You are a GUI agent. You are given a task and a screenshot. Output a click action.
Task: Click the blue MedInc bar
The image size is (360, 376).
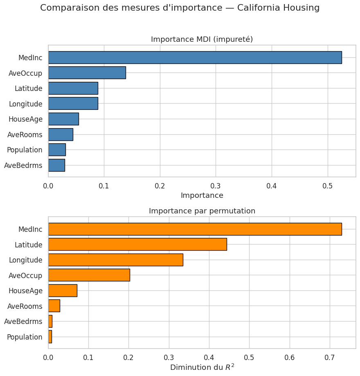[195, 57]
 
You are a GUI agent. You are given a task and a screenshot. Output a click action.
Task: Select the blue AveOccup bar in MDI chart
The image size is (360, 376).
[87, 73]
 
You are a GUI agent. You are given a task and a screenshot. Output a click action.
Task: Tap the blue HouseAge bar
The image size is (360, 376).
[63, 119]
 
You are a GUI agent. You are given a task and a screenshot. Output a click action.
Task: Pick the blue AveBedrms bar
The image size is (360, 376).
[56, 165]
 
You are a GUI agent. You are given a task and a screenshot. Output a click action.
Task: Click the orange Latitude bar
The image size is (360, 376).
[137, 245]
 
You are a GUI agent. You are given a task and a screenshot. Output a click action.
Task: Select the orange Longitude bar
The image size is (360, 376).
[115, 260]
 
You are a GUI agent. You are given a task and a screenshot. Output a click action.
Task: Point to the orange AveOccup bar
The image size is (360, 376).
[89, 275]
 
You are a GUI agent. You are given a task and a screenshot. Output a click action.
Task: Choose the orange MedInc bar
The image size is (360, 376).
[195, 229]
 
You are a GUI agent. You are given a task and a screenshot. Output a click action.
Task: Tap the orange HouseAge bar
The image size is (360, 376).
[63, 291]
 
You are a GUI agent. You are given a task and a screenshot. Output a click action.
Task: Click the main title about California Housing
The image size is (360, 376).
[180, 8]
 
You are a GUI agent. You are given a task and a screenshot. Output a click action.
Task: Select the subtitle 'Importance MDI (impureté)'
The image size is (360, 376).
[202, 39]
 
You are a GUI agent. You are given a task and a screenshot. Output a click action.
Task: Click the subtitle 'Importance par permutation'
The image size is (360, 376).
[202, 211]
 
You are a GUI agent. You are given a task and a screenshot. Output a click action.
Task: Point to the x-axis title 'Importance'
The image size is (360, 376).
[202, 195]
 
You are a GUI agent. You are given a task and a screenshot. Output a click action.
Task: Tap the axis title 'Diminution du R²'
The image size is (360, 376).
[202, 367]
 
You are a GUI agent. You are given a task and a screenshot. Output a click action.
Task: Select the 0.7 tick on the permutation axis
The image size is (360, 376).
[330, 357]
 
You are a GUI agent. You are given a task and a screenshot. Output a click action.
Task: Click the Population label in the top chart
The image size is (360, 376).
[25, 150]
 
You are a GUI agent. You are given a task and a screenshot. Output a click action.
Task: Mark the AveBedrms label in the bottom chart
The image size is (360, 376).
[23, 322]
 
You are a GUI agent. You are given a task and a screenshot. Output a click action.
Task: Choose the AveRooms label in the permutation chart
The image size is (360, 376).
[25, 306]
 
